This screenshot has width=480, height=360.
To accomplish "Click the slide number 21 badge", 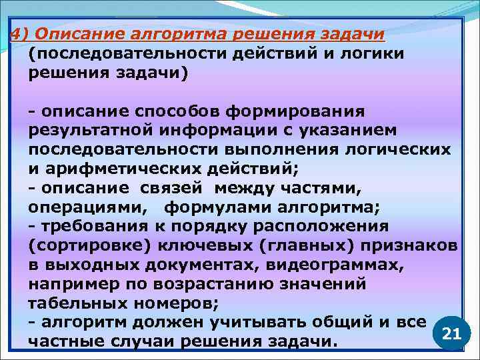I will [x=451, y=333].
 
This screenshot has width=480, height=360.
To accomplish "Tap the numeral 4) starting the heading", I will [x=18, y=35].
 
